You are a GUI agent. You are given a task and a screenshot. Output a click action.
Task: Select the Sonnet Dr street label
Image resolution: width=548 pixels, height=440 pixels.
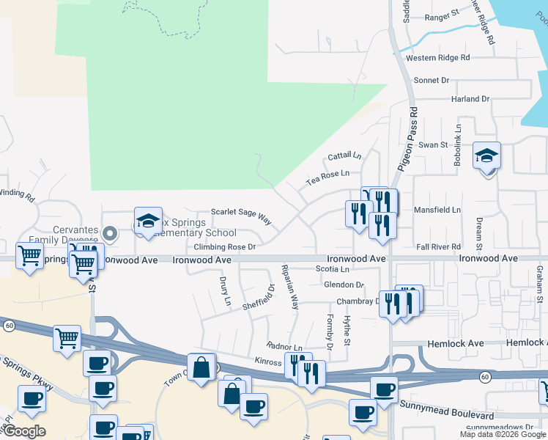[x=432, y=81]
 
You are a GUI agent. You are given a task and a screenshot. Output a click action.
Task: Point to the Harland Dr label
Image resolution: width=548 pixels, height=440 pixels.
[x=470, y=99]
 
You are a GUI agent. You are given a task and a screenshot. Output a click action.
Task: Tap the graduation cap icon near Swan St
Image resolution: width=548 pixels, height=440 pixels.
[x=486, y=156]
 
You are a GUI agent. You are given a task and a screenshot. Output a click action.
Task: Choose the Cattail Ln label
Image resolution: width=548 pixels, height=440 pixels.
[x=344, y=156]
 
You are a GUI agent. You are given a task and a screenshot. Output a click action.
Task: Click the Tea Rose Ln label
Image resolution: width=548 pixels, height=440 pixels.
[x=327, y=174]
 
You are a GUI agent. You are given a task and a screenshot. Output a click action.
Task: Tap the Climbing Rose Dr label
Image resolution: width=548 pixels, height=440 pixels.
[x=225, y=247]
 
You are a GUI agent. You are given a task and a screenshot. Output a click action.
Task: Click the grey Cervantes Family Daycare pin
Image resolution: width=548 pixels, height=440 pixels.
[x=110, y=234]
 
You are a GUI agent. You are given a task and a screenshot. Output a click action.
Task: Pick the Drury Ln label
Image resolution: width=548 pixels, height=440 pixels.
[x=225, y=291]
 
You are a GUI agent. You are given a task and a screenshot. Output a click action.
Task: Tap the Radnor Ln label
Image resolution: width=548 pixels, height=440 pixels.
[x=285, y=347]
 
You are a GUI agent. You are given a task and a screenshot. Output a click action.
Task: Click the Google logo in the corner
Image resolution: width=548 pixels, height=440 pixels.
[x=24, y=431]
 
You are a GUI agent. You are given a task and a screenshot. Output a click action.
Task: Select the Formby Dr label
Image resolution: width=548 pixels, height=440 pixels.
[x=328, y=331]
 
